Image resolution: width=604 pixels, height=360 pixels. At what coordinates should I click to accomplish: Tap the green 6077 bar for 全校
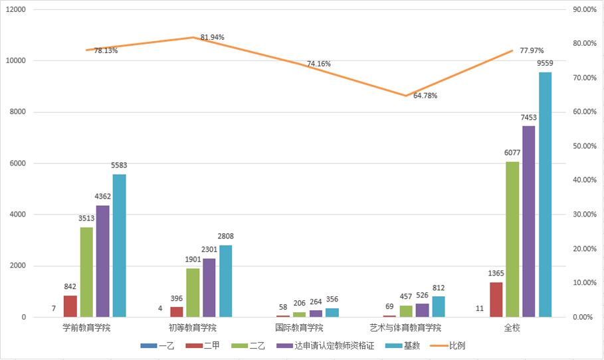pyautogui.click(x=512, y=239)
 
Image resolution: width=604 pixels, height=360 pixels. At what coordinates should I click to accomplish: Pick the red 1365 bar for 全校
pyautogui.click(x=496, y=300)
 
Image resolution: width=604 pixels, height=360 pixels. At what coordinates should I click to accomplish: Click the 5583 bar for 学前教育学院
pyautogui.click(x=119, y=246)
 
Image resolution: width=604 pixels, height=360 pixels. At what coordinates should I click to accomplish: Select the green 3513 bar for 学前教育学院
pyautogui.click(x=86, y=272)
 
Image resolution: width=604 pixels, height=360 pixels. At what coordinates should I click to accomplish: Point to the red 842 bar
pyautogui.click(x=70, y=306)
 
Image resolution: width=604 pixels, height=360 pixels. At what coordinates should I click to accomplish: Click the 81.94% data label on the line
pyautogui.click(x=212, y=37)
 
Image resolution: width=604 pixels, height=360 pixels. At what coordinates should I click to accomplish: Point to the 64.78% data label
pyautogui.click(x=425, y=96)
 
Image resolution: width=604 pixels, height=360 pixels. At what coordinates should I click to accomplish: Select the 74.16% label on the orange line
pyautogui.click(x=319, y=64)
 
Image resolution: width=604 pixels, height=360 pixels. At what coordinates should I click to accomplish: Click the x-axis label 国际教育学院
pyautogui.click(x=299, y=327)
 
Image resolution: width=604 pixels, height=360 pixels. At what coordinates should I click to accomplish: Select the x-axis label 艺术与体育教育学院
pyautogui.click(x=405, y=327)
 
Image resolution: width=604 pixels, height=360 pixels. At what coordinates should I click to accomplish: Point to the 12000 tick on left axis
pyautogui.click(x=15, y=10)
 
